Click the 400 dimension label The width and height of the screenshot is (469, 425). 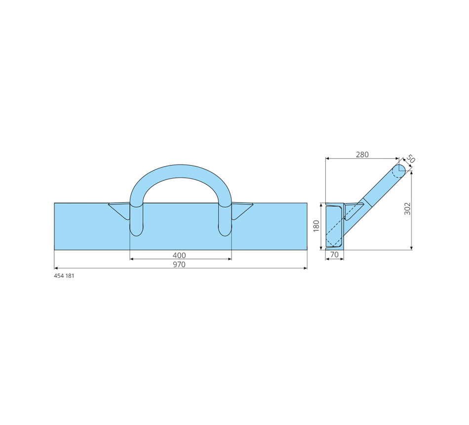pos(179,255)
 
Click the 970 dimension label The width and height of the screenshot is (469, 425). pos(179,264)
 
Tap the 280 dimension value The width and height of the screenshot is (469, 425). pos(362,155)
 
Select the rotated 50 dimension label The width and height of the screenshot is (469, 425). pos(410,159)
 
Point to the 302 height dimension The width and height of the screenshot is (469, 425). pos(407,209)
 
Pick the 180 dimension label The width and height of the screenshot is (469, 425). pos(316,226)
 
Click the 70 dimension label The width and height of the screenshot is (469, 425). pos(334,255)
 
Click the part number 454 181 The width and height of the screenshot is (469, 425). pos(64,276)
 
